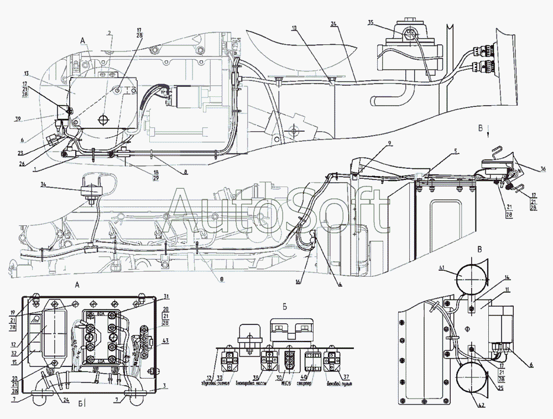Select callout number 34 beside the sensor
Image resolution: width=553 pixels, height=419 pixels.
pyautogui.click(x=43, y=184)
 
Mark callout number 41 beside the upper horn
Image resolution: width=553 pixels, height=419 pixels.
pyautogui.click(x=441, y=268)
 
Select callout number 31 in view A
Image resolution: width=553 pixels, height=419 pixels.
pyautogui.click(x=166, y=296)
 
